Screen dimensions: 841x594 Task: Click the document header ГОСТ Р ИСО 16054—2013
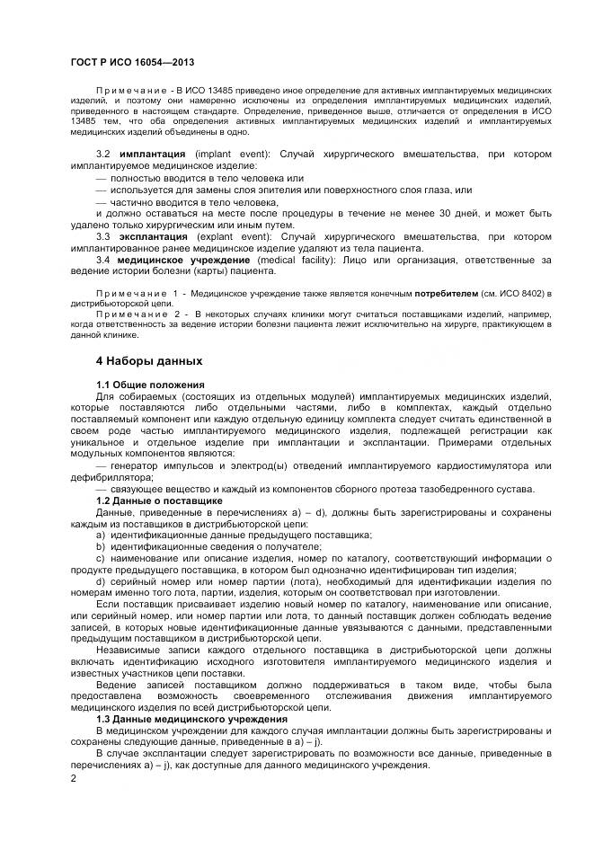[131, 62]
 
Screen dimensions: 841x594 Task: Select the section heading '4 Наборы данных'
[150, 360]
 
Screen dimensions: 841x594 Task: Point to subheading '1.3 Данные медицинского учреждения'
[191, 719]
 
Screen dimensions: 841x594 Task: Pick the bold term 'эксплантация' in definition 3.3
[155, 236]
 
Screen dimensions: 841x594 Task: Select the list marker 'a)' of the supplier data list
[102, 535]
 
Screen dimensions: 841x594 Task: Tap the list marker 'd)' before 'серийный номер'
[102, 581]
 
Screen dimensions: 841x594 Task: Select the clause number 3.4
[103, 260]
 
